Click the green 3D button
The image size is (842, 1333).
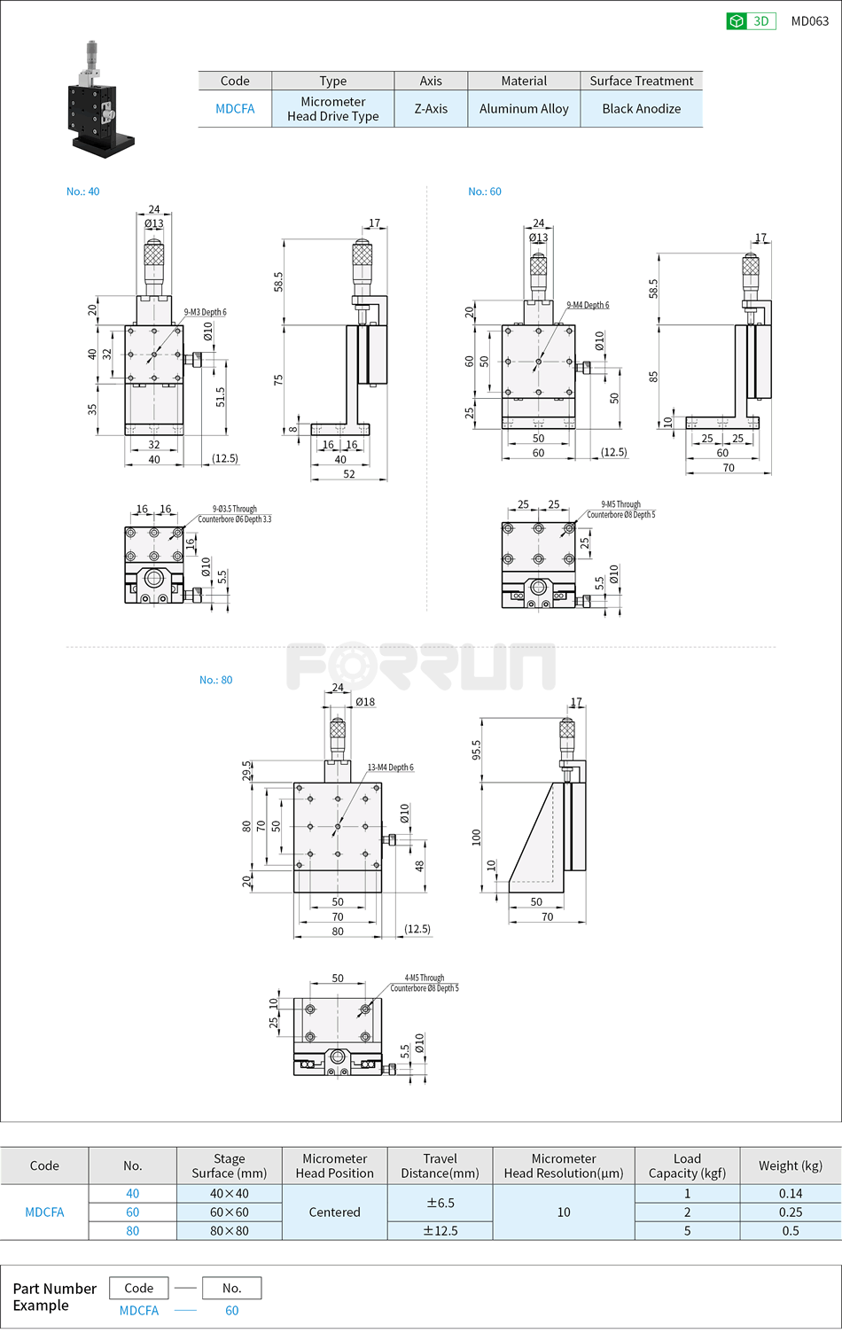[751, 21]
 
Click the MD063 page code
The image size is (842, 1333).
[809, 21]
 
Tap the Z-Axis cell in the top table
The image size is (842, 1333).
[431, 109]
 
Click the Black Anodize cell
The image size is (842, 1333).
[641, 109]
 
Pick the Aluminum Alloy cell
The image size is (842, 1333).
[524, 109]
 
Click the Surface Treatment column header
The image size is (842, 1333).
[641, 81]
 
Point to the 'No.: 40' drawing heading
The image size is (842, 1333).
[82, 191]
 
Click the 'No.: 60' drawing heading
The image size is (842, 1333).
[484, 191]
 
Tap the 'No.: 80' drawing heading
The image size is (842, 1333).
[215, 680]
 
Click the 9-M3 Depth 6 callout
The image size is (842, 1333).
[205, 312]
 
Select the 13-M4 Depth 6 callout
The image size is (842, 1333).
[390, 768]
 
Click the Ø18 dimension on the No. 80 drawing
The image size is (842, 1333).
[365, 702]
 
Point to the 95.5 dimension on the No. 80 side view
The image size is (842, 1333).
[476, 750]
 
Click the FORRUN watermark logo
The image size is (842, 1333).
[421, 666]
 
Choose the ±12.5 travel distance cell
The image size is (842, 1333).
[440, 1230]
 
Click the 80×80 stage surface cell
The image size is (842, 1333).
[229, 1230]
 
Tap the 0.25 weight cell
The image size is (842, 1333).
[790, 1212]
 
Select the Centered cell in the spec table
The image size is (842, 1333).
[334, 1212]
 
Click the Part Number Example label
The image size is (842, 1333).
[54, 1297]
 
